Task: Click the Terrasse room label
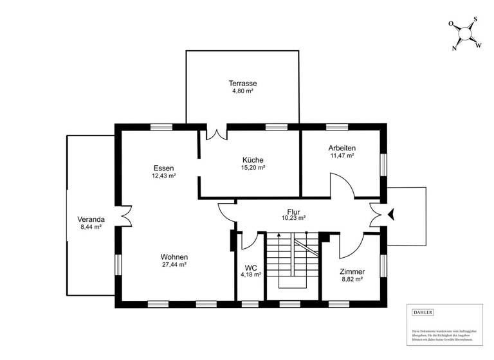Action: point(242,84)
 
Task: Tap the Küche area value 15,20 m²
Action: point(253,167)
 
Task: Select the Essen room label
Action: point(163,168)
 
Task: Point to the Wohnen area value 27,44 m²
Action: point(174,264)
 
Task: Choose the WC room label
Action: point(250,267)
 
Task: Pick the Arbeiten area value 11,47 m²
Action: point(342,156)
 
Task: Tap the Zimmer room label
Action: point(352,271)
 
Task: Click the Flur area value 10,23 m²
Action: point(293,218)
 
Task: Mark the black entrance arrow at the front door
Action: point(390,215)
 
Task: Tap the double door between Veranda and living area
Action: point(125,215)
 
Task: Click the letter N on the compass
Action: point(455,48)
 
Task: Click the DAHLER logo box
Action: point(422,312)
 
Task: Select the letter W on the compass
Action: point(479,44)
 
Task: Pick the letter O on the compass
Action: point(451,24)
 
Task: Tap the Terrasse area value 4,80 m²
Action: point(242,91)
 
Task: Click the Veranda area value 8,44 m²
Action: point(90,227)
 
